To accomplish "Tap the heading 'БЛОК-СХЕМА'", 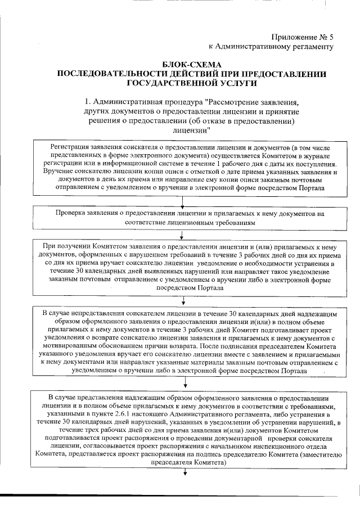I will (x=192, y=65).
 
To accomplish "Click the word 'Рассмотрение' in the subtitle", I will (x=236, y=103).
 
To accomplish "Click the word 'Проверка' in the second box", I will (x=73, y=214).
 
